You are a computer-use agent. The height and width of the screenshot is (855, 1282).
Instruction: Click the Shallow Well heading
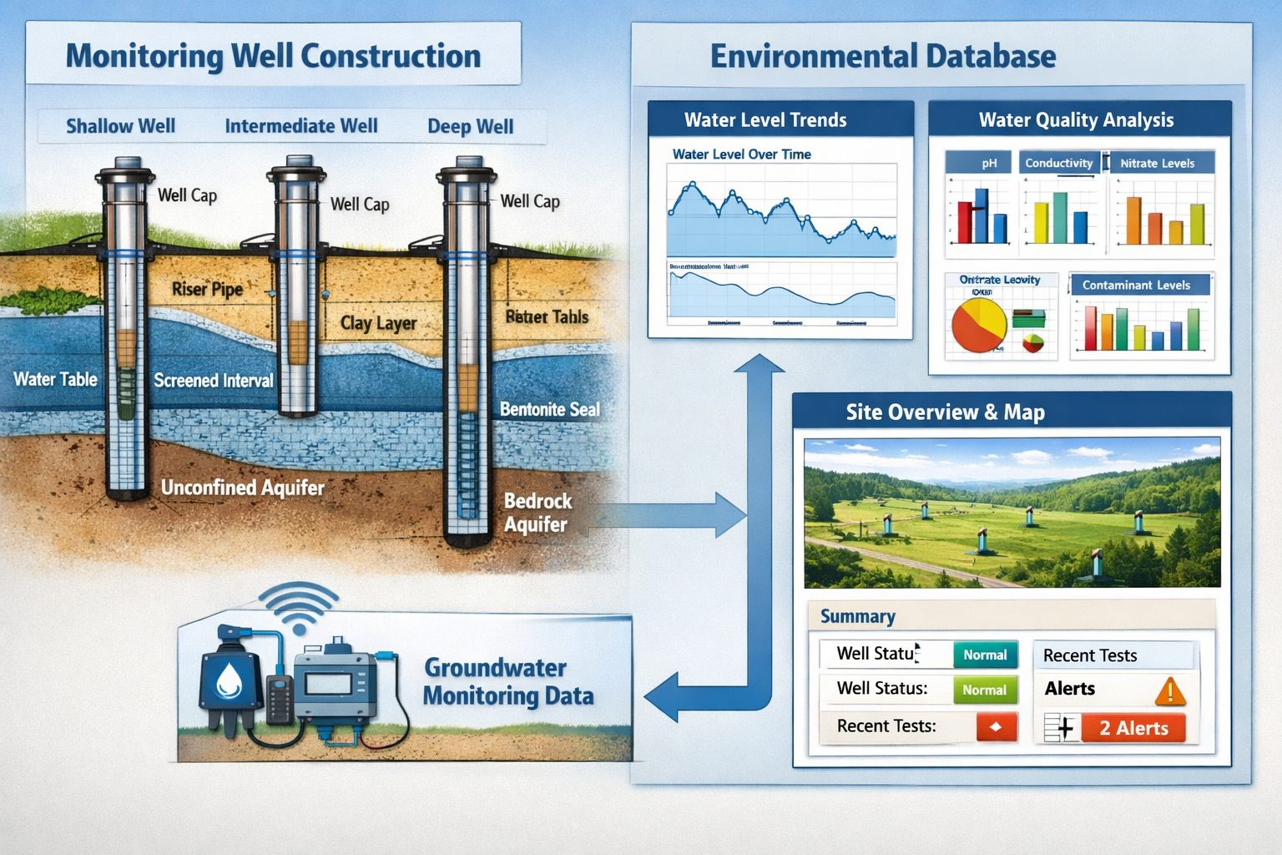[x=120, y=126]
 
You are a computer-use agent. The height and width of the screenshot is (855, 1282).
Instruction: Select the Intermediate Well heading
[x=300, y=126]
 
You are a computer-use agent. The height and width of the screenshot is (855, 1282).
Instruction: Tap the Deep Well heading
[x=470, y=127]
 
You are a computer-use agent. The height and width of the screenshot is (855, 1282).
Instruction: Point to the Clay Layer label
[x=378, y=323]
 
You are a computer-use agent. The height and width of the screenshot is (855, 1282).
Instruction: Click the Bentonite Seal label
[x=549, y=409]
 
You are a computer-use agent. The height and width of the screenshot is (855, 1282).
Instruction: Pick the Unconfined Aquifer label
[x=242, y=488]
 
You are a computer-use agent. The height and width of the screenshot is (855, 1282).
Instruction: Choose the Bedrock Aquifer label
[x=538, y=513]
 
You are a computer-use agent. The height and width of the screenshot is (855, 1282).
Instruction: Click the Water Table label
[x=55, y=379]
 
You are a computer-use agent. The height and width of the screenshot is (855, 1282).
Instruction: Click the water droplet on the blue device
[x=229, y=679]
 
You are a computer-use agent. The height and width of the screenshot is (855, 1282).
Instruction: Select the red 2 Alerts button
[x=1133, y=728]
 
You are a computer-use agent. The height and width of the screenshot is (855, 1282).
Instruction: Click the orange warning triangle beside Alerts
[x=1170, y=691]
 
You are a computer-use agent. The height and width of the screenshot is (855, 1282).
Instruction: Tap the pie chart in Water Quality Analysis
[x=979, y=326]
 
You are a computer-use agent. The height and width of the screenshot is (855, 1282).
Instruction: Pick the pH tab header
[x=989, y=163]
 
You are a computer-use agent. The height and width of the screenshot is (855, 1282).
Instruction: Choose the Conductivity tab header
[x=1058, y=163]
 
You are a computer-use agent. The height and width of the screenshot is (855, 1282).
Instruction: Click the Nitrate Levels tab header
[x=1157, y=163]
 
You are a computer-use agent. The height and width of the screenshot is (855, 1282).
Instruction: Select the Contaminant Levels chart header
[x=1136, y=285]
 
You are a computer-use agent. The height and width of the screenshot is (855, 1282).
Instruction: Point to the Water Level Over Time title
[x=741, y=154]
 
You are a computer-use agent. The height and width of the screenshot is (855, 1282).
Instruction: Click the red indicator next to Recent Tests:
[x=996, y=726]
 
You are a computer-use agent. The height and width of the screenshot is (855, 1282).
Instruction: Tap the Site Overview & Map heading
[x=945, y=412]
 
